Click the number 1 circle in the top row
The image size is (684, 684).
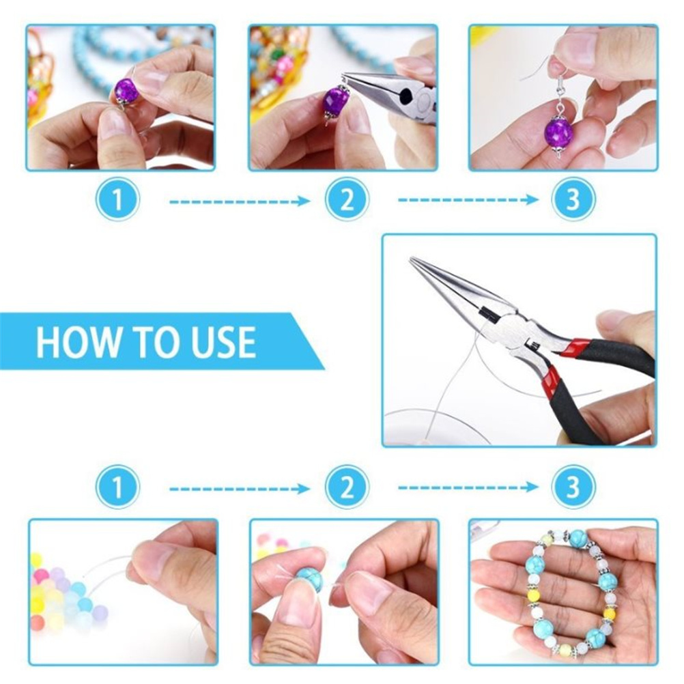click(117, 199)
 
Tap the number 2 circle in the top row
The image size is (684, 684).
click(347, 199)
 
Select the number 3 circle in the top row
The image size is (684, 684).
click(573, 199)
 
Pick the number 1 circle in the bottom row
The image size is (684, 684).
click(117, 487)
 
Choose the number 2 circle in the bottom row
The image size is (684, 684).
click(347, 487)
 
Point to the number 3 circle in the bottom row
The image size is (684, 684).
click(573, 487)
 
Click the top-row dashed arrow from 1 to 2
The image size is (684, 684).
click(240, 201)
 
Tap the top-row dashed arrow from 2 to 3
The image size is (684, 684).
click(468, 200)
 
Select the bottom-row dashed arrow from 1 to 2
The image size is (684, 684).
click(240, 489)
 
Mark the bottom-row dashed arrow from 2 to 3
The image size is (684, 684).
click(468, 487)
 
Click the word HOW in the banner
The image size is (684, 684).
click(79, 341)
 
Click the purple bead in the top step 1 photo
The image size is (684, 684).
click(127, 90)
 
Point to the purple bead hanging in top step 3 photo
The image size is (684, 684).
click(558, 133)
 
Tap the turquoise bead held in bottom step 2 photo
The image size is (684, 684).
click(310, 580)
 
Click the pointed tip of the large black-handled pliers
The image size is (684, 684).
click(411, 259)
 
